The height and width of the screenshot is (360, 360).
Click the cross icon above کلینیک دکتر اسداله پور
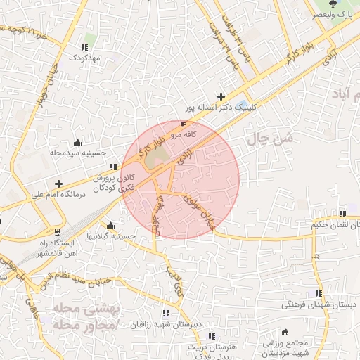click(221, 96)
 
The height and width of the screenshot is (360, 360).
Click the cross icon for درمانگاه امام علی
click(58, 183)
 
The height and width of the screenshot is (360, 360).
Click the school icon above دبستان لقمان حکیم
click(342, 214)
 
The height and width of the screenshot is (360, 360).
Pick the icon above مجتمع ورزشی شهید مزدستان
click(285, 332)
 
